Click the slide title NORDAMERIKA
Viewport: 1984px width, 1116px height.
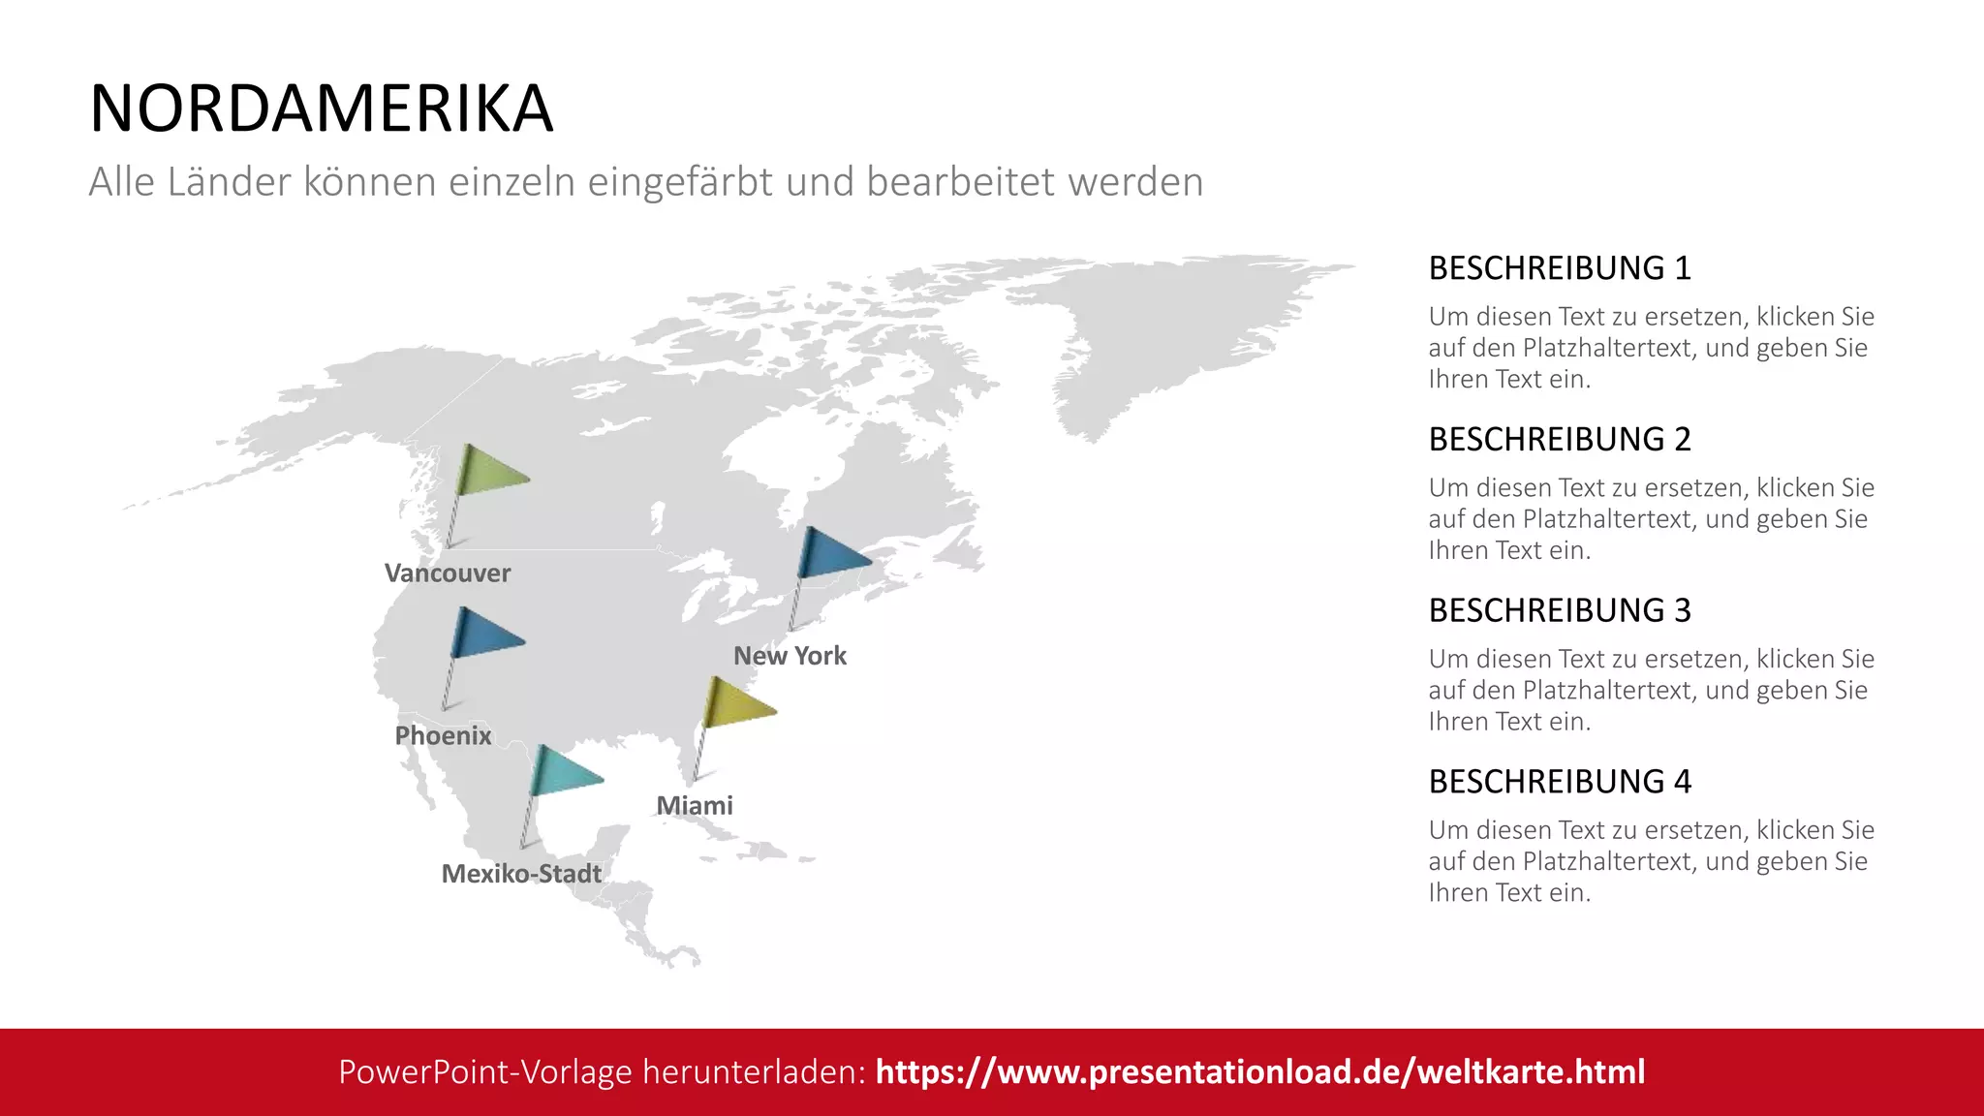[321, 108]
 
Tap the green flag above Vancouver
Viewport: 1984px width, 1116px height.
[490, 472]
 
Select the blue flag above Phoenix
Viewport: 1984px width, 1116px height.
[485, 635]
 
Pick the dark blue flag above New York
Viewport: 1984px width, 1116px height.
[832, 555]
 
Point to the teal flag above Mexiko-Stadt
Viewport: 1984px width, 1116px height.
[564, 772]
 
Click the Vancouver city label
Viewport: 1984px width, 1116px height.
[447, 573]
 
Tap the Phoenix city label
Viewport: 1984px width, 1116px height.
[443, 735]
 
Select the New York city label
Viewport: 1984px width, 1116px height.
[790, 656]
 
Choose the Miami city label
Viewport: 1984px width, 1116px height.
[695, 805]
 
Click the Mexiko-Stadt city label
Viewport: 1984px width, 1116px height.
[521, 874]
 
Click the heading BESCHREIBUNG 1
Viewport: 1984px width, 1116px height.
[1560, 268]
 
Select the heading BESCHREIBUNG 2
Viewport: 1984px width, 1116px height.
[1560, 440]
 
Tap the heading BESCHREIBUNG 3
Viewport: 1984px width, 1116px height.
[1560, 610]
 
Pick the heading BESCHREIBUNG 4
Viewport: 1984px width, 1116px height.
[1560, 782]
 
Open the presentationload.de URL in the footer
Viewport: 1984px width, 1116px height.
[1259, 1071]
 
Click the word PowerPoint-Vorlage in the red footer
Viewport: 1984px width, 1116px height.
[485, 1071]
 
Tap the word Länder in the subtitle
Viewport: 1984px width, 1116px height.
[229, 182]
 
